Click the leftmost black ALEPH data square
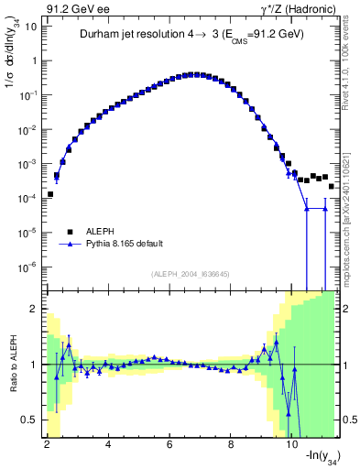point(50,194)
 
